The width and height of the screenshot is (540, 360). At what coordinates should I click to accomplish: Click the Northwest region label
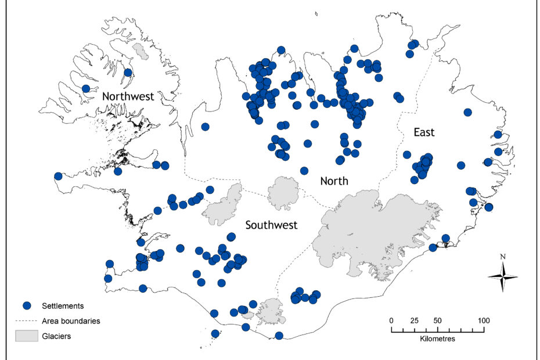pos(128,96)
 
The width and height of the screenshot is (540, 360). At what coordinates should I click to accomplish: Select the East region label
pos(424,132)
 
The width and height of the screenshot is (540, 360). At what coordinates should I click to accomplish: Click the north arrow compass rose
pos(503,275)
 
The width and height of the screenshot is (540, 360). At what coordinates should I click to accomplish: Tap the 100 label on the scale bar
pos(484,320)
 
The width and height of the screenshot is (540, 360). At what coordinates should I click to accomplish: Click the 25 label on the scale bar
pos(415,320)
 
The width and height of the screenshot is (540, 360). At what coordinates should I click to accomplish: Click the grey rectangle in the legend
pos(26,335)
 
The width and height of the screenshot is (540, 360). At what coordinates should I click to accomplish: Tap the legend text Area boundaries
pos(71,321)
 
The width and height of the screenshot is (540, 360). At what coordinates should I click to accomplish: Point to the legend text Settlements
pos(63,305)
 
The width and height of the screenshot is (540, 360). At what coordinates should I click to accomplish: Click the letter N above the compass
pos(503,257)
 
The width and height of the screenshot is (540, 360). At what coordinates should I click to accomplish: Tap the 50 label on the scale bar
pos(437,320)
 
